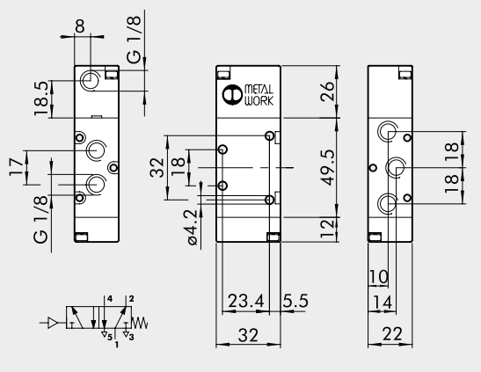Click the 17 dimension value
(15, 168)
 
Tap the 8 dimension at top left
(80, 26)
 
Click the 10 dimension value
(378, 277)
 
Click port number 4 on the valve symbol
(109, 300)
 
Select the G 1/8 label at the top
(135, 40)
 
